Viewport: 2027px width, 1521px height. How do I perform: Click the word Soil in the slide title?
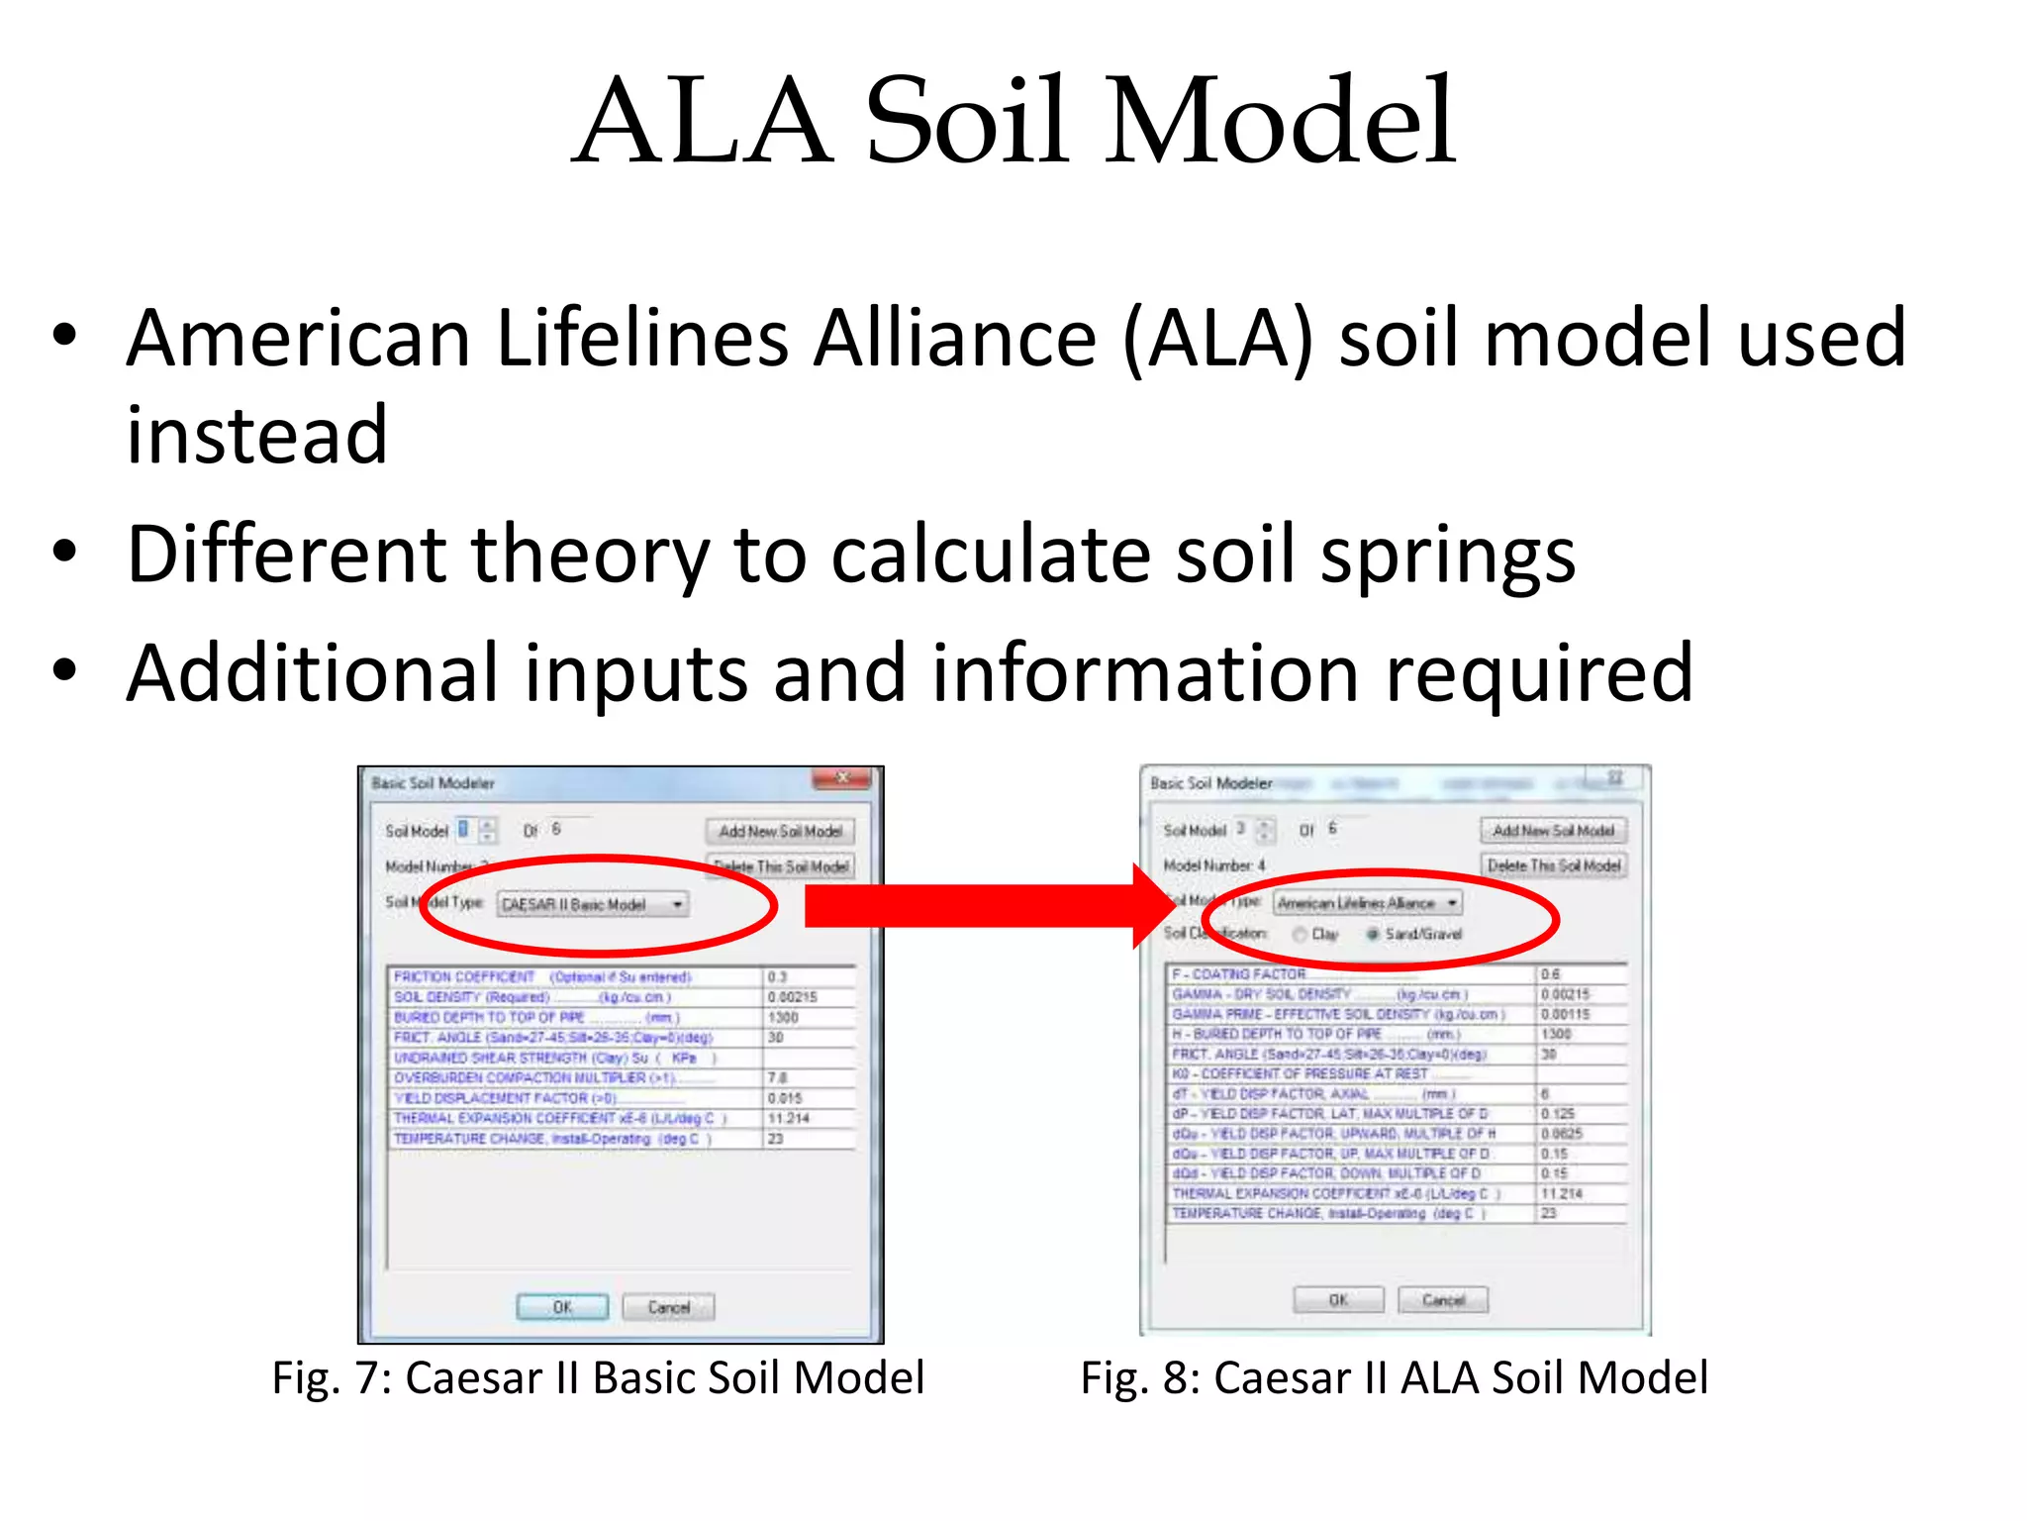point(968,123)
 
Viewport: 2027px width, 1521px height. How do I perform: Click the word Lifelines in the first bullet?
point(643,339)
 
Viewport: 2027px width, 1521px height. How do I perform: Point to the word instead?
point(256,436)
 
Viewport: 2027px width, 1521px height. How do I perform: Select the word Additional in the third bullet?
point(312,673)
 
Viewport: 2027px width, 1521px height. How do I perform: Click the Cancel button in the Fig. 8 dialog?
point(1443,1299)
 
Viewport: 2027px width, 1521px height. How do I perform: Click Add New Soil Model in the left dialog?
point(780,831)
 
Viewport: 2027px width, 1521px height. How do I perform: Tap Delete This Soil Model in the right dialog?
point(1554,865)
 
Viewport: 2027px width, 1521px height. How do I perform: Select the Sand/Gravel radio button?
point(1373,934)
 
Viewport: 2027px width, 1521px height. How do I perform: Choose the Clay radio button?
point(1300,934)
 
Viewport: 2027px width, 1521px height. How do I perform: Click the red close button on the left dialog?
point(841,778)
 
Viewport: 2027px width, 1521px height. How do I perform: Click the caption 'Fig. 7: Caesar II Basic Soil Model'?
point(598,1377)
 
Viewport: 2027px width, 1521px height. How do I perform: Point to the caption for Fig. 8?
point(1394,1377)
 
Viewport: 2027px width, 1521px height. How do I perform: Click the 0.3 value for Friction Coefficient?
point(777,977)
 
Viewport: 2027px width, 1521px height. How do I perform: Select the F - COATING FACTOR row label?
point(1238,974)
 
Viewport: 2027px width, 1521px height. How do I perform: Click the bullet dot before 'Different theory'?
point(65,553)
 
